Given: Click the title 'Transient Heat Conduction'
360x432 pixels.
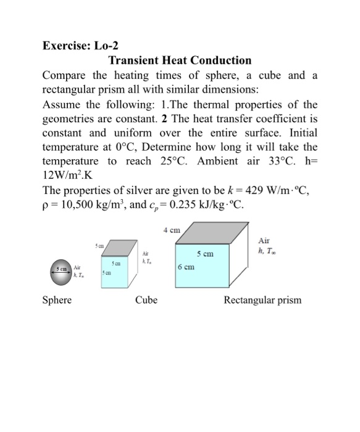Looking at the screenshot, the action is pos(180,60).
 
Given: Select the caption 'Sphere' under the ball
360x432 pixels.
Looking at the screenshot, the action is pos(57,301).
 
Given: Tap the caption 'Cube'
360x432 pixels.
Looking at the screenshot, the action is pos(146,301).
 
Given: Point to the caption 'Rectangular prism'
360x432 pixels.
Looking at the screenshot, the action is pos(262,301).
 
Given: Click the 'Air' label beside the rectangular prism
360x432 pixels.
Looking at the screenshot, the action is pos(264,243).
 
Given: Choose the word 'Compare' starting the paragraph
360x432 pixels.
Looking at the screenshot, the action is pos(64,77).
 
